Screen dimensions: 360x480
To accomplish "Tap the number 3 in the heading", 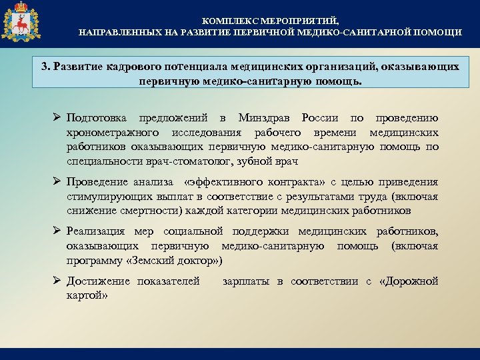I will click(44, 67).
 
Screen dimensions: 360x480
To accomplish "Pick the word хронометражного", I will click(106, 133).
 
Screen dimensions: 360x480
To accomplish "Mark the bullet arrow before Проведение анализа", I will click(57, 182).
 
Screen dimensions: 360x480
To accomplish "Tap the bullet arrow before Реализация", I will click(57, 231).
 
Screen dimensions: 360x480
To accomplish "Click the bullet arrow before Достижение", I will click(57, 281).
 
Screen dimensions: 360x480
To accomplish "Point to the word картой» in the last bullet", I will click(88, 295).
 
